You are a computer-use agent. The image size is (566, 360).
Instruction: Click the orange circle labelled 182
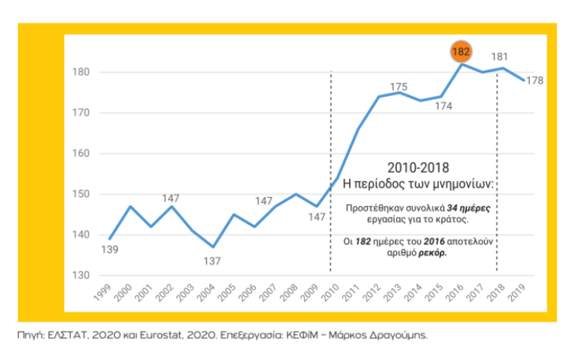coord(461,51)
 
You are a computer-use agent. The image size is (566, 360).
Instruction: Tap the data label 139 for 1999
coord(111,249)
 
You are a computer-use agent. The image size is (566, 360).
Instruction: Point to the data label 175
coord(399,87)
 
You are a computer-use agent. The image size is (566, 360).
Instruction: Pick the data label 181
coord(499,57)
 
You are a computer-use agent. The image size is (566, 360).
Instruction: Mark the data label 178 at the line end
coord(534,80)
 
